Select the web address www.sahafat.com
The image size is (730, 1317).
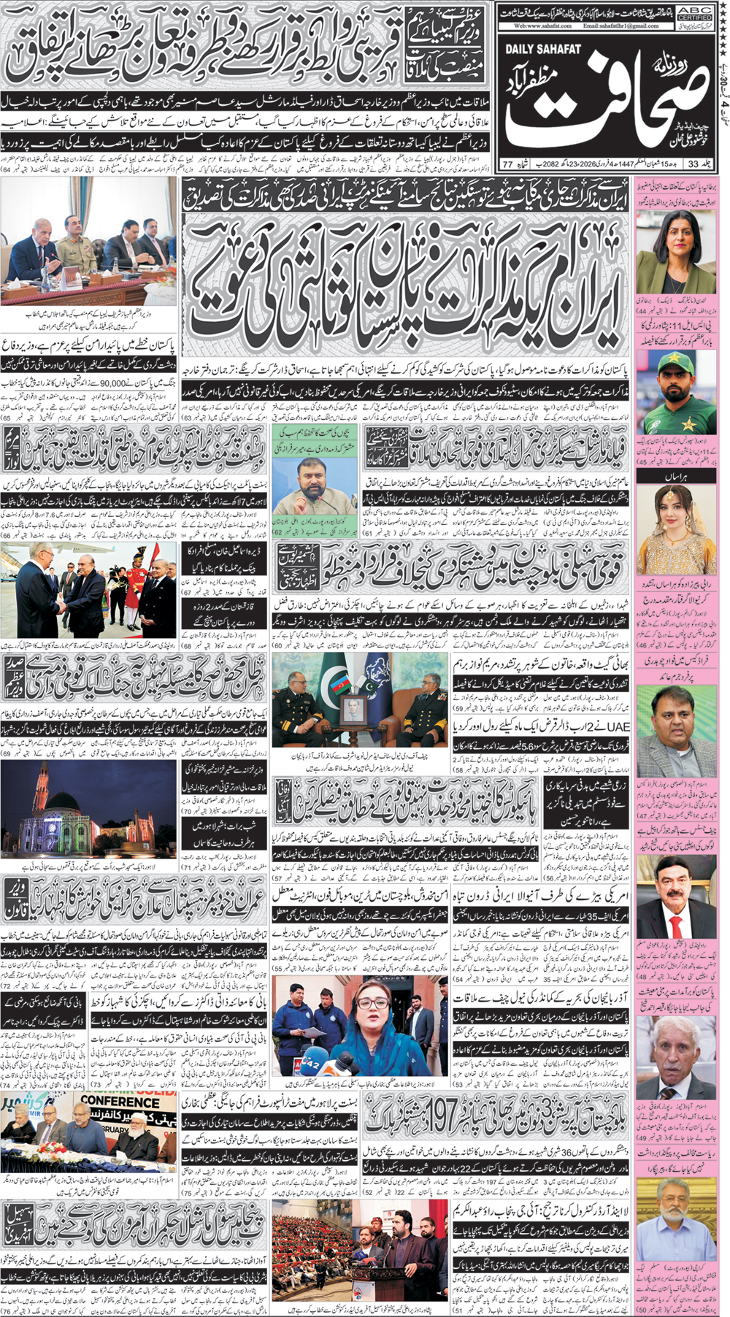pyautogui.click(x=543, y=26)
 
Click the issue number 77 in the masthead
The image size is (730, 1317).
pyautogui.click(x=507, y=164)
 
